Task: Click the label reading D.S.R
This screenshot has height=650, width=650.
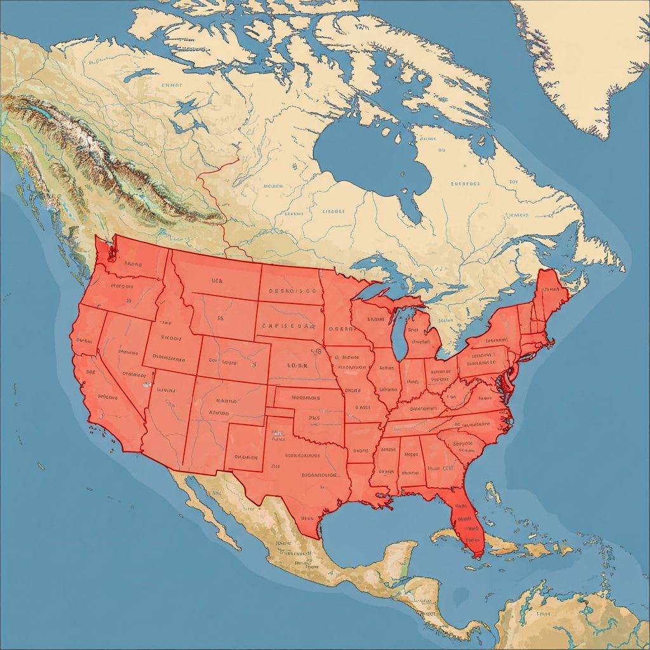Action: pyautogui.click(x=297, y=366)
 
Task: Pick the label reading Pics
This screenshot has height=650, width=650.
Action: pyautogui.click(x=314, y=418)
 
